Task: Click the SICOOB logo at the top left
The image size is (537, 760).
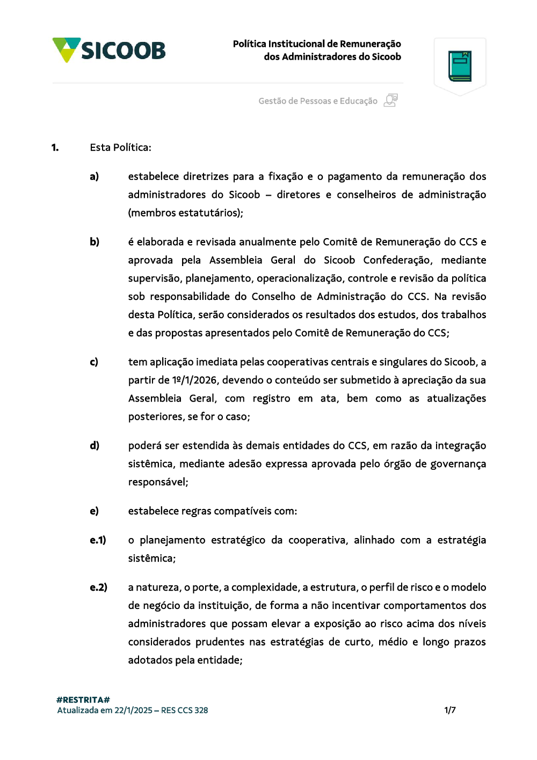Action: click(109, 50)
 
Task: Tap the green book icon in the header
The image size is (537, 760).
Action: click(460, 66)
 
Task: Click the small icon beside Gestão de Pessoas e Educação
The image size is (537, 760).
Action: click(391, 101)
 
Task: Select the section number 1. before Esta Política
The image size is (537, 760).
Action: click(55, 147)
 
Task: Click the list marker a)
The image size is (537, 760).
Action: click(94, 176)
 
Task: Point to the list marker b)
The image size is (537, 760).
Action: click(95, 242)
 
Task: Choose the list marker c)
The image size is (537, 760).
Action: click(94, 362)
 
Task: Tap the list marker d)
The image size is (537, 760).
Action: click(95, 446)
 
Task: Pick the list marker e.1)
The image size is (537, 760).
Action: click(98, 540)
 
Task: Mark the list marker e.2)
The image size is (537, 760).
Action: click(98, 587)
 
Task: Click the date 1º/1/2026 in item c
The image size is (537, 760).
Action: click(194, 380)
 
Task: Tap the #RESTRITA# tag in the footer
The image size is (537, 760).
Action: click(83, 700)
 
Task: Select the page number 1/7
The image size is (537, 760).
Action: click(450, 710)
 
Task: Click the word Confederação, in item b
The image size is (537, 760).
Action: click(397, 260)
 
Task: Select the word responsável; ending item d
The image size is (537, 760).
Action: click(158, 482)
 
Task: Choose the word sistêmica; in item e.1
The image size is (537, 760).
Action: click(151, 558)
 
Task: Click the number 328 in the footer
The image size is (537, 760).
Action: click(201, 710)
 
